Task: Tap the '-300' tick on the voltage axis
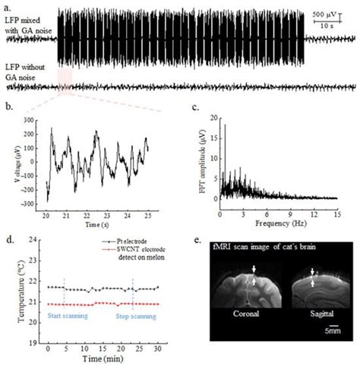31,205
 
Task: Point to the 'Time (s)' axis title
93,226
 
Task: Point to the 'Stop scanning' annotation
136,314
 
